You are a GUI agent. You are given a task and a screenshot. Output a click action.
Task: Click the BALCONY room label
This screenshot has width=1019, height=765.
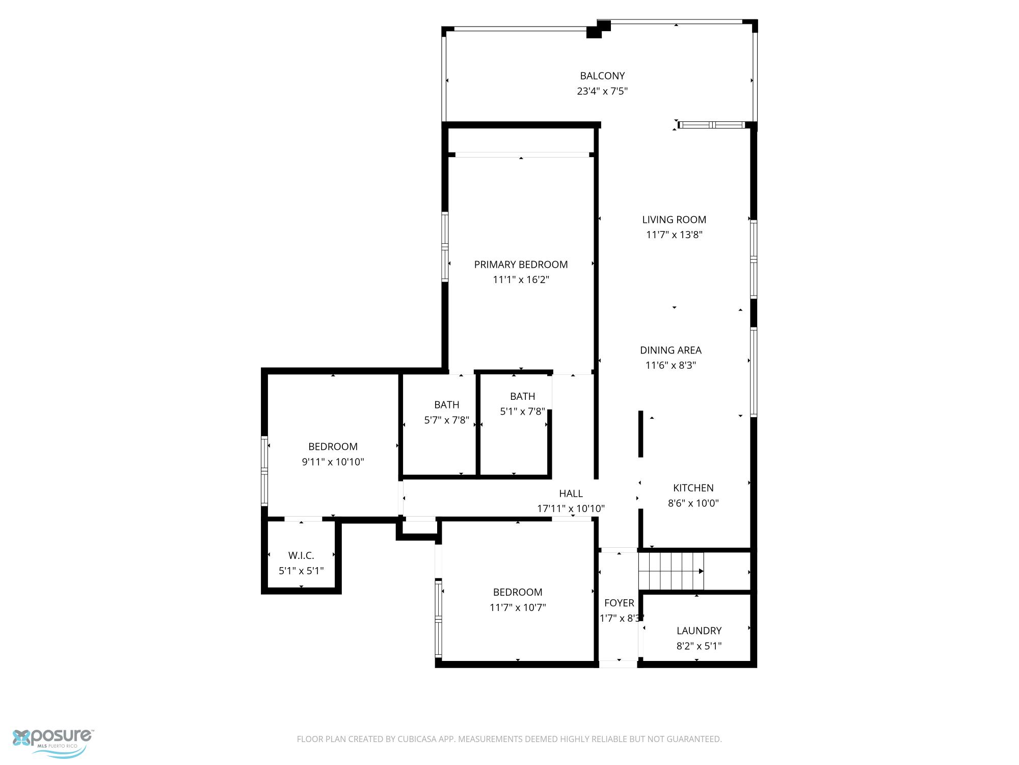[602, 76]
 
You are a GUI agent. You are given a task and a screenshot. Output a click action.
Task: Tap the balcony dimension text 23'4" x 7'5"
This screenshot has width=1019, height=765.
[602, 91]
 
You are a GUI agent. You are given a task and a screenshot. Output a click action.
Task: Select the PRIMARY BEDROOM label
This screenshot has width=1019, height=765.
[521, 265]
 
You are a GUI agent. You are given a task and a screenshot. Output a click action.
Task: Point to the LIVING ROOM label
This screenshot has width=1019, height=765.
[674, 220]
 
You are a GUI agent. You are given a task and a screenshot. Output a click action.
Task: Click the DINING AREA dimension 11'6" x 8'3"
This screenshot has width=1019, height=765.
[671, 365]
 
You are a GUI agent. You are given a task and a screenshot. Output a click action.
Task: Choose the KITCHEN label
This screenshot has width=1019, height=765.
[693, 488]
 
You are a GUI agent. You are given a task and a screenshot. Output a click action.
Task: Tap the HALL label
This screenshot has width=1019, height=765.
[571, 494]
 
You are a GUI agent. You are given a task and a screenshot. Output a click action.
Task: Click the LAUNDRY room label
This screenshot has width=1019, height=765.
[699, 631]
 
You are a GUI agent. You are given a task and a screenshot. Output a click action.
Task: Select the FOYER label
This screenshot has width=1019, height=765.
[619, 603]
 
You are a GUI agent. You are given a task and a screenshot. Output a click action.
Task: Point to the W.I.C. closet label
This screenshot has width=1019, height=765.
[301, 556]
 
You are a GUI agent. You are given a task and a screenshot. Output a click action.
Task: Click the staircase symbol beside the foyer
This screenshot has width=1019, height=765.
[671, 571]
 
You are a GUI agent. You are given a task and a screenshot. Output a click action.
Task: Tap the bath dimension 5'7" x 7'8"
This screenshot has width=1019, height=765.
[447, 420]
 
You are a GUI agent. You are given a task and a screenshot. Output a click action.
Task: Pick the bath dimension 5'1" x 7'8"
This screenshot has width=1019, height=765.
[522, 412]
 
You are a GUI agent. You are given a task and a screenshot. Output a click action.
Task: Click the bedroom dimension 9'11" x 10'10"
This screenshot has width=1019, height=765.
[333, 462]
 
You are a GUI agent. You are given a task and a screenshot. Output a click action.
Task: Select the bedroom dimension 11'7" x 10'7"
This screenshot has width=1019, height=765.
[518, 607]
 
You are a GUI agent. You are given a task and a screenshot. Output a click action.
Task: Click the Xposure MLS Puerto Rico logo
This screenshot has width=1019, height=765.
[53, 743]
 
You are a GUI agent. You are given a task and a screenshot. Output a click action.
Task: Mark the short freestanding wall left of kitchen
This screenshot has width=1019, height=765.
[641, 434]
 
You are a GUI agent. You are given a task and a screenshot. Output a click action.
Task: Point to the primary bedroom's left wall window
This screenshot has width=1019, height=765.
[445, 247]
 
